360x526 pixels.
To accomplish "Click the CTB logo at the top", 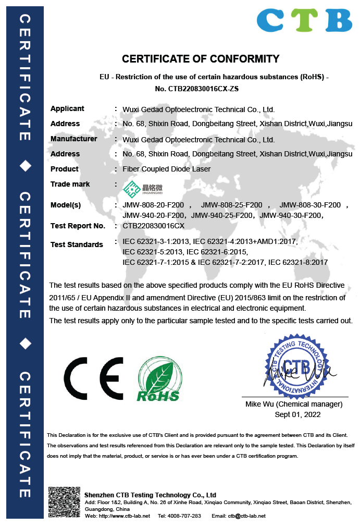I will click(x=304, y=20).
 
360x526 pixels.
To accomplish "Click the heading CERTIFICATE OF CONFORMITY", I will click(x=201, y=59).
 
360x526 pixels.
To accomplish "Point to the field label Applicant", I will click(x=67, y=108).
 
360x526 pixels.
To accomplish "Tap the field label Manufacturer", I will click(x=73, y=139).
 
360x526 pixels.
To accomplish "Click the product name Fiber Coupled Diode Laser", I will click(x=166, y=169).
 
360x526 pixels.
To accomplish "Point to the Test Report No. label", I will click(x=78, y=226).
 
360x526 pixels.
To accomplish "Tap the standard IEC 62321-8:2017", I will click(x=297, y=262).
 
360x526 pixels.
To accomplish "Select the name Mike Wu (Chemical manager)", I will click(x=294, y=404).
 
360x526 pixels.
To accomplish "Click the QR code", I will click(x=64, y=503).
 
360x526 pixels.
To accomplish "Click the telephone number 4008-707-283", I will click(x=187, y=516).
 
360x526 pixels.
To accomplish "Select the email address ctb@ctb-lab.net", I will click(x=246, y=516).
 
